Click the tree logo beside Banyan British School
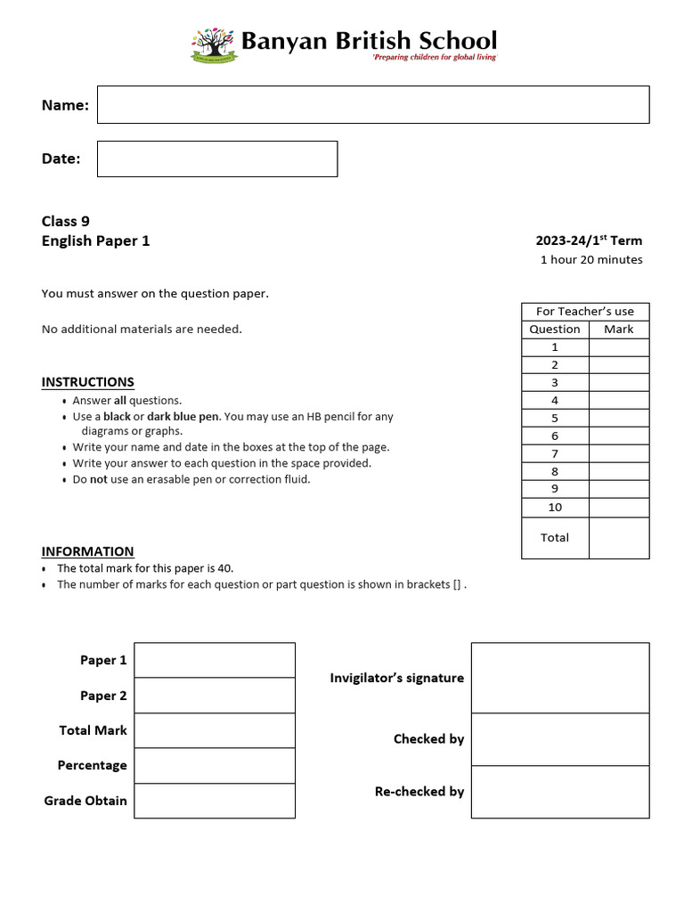[x=214, y=45]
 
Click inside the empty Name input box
[x=372, y=104]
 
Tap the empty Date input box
[x=216, y=159]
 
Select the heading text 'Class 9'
[x=66, y=221]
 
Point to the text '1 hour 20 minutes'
[x=591, y=260]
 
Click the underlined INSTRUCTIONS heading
[x=87, y=382]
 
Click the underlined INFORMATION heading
[x=87, y=551]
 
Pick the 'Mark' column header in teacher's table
[x=618, y=330]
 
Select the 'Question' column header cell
[x=555, y=330]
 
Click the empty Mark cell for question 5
[x=618, y=419]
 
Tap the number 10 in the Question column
[x=555, y=508]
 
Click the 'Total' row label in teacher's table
[x=555, y=538]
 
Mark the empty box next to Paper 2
[x=214, y=696]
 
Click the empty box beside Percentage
[x=214, y=765]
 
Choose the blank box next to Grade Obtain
[x=214, y=801]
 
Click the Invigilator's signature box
[x=559, y=678]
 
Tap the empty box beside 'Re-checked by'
[x=559, y=792]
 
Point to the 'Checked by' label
[x=428, y=739]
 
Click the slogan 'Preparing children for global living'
[x=434, y=57]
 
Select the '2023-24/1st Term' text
[x=588, y=240]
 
